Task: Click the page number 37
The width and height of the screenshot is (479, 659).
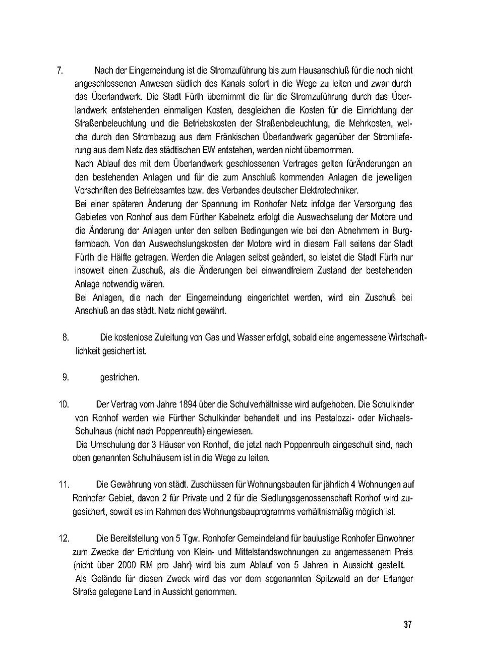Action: click(x=408, y=624)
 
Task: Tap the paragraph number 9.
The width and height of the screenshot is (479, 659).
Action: click(x=66, y=377)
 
